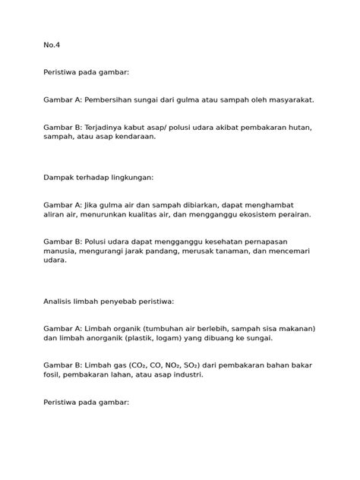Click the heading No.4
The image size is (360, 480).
tap(51, 44)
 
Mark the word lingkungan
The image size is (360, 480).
tap(131, 177)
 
